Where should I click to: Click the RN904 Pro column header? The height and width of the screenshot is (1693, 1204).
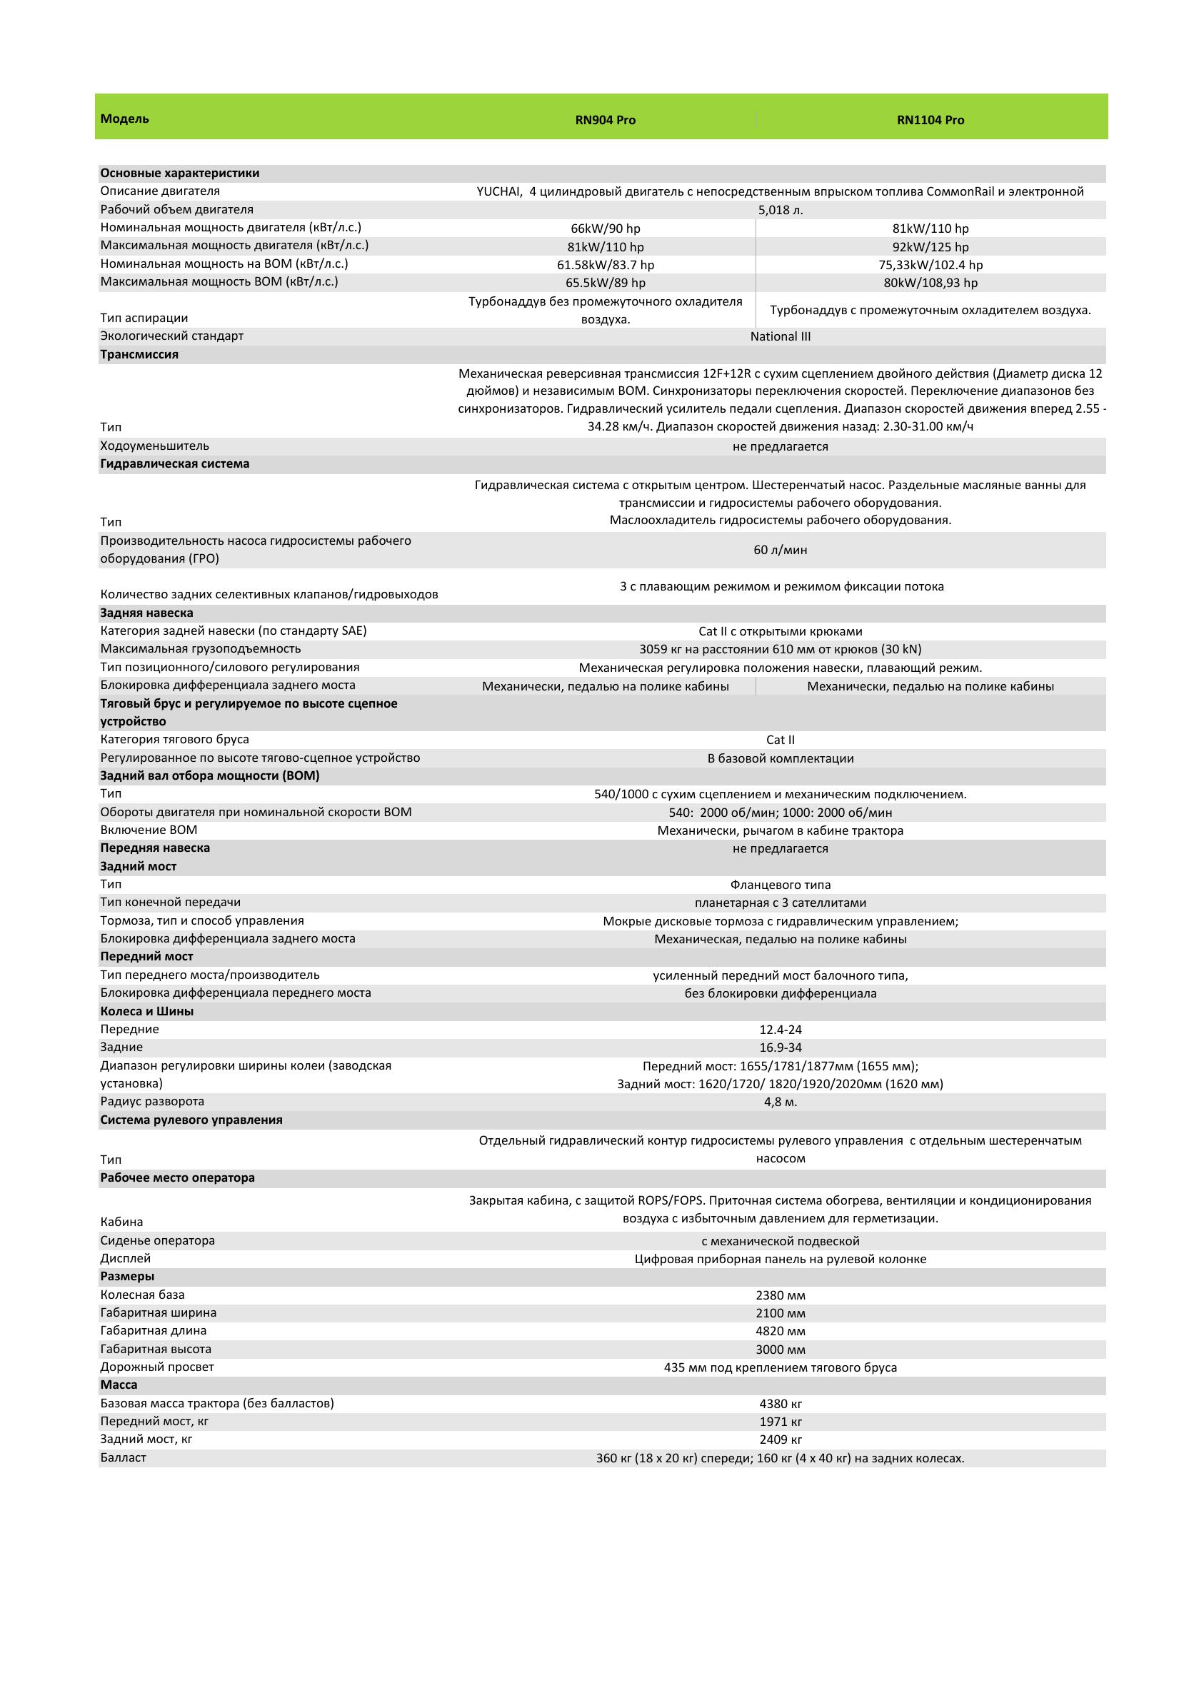point(605,120)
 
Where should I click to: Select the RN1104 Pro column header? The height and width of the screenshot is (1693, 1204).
point(930,120)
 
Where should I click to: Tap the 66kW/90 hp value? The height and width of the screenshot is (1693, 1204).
point(605,228)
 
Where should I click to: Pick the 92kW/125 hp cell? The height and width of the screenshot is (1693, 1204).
point(930,247)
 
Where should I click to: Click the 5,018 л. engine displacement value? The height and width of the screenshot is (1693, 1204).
point(780,210)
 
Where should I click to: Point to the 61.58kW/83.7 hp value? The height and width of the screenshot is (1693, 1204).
point(605,265)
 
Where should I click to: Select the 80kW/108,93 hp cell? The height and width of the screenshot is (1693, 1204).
point(930,283)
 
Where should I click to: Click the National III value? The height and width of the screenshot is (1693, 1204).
point(780,336)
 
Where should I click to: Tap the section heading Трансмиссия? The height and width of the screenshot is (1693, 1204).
point(139,354)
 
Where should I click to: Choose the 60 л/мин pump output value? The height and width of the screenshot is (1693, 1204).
point(780,550)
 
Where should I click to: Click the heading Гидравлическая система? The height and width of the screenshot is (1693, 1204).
point(175,464)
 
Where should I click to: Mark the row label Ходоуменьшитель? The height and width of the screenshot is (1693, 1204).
point(154,446)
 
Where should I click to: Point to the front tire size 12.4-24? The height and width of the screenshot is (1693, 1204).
point(780,1030)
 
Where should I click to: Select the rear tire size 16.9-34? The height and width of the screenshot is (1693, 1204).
point(780,1048)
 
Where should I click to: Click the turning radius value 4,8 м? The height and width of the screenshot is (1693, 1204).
point(780,1102)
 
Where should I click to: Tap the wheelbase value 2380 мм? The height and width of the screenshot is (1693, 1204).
point(780,1296)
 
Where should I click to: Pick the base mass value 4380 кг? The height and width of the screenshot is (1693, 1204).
point(780,1404)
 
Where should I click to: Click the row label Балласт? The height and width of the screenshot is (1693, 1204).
point(123,1458)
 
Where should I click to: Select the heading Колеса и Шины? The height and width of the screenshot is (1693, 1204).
point(147,1011)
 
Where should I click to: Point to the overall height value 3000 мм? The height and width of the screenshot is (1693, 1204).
point(780,1350)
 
